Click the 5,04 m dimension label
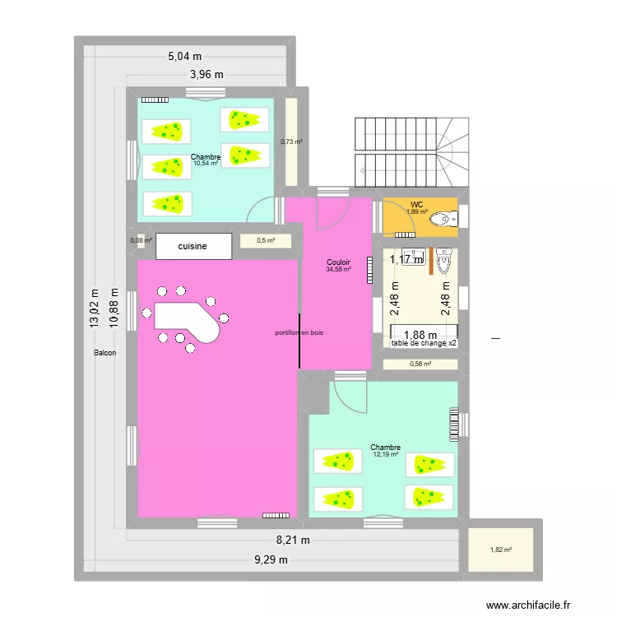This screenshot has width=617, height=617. click(185, 57)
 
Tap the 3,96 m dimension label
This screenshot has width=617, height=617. click(207, 75)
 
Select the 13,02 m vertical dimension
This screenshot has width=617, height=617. click(95, 308)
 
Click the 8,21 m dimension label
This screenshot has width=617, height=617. click(293, 540)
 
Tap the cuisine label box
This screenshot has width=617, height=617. click(193, 246)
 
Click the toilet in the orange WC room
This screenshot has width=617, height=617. click(443, 219)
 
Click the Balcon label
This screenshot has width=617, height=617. click(105, 353)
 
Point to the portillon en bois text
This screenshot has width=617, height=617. click(299, 333)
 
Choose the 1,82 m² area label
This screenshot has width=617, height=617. click(500, 550)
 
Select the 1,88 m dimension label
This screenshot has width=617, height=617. click(420, 335)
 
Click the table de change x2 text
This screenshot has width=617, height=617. click(424, 343)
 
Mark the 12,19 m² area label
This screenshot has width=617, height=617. click(385, 454)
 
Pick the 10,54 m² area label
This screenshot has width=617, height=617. click(206, 163)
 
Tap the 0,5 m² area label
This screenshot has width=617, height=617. click(266, 241)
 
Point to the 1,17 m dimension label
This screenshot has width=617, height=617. click(406, 259)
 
